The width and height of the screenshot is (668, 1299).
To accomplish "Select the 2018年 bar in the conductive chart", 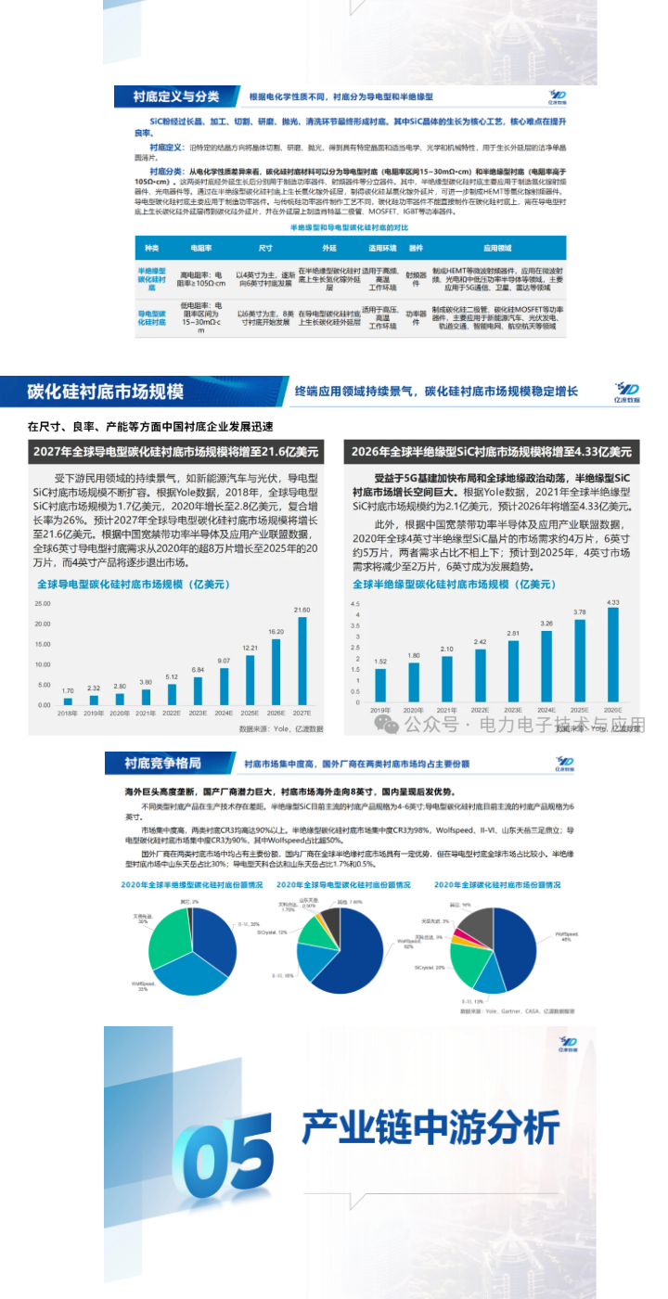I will [68, 701].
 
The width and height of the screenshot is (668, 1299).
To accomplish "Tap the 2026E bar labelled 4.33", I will [612, 655].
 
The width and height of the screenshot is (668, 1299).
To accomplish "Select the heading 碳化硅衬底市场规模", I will [106, 391].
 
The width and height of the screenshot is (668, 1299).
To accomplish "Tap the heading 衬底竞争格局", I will [163, 763].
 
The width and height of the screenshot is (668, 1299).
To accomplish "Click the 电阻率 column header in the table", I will [200, 249].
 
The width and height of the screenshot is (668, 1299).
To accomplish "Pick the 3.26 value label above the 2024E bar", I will [546, 623].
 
